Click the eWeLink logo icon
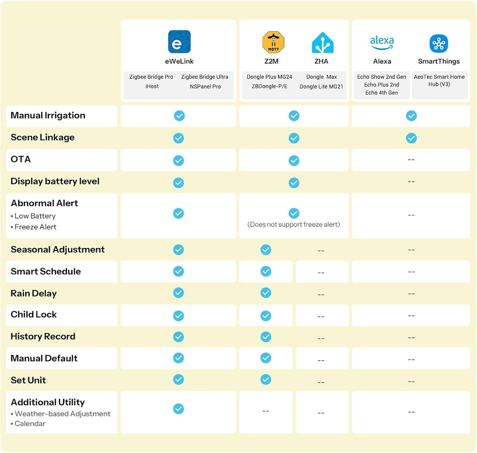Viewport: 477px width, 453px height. pyautogui.click(x=179, y=42)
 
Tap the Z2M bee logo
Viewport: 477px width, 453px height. pyautogui.click(x=273, y=42)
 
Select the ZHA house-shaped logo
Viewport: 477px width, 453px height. pyautogui.click(x=322, y=42)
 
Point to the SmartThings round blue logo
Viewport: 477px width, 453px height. pyautogui.click(x=439, y=43)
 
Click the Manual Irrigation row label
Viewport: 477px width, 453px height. pyautogui.click(x=48, y=116)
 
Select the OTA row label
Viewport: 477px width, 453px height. pyautogui.click(x=21, y=159)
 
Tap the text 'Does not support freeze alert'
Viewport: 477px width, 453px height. pyautogui.click(x=294, y=224)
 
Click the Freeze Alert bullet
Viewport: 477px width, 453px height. pyautogui.click(x=34, y=227)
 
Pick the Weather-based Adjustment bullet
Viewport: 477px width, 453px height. pyautogui.click(x=61, y=413)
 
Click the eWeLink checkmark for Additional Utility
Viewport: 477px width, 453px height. pyautogui.click(x=178, y=408)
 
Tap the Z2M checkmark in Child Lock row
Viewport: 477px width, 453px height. pyautogui.click(x=265, y=316)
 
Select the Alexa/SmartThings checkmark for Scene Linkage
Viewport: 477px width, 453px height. pyautogui.click(x=411, y=138)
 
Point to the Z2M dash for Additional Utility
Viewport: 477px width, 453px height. pyautogui.click(x=265, y=411)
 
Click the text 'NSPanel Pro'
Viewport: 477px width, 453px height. pyautogui.click(x=205, y=87)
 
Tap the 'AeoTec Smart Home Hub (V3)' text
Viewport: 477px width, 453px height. pyautogui.click(x=439, y=80)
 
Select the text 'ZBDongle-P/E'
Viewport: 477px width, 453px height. pyautogui.click(x=269, y=87)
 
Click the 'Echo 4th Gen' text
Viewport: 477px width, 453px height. pyautogui.click(x=382, y=93)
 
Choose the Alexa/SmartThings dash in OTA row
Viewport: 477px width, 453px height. pyautogui.click(x=411, y=160)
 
